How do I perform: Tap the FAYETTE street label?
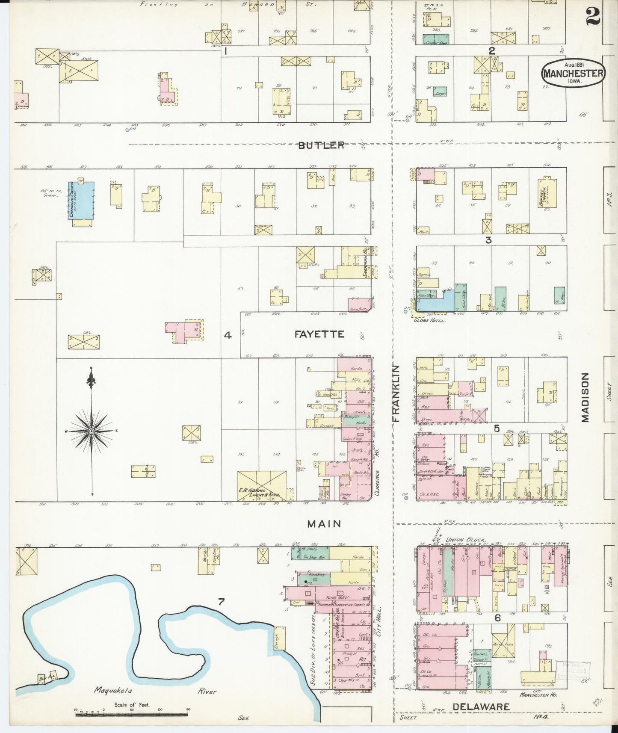click(x=319, y=334)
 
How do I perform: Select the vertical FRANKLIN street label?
click(x=396, y=393)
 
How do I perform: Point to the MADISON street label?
click(x=585, y=397)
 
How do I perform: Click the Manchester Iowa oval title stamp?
click(x=574, y=73)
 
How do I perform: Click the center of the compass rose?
click(x=91, y=431)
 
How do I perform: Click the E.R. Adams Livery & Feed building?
click(x=262, y=485)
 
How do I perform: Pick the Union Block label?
click(x=466, y=540)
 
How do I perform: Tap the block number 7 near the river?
click(x=221, y=602)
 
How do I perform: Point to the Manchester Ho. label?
click(x=538, y=695)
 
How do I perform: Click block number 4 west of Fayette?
click(x=228, y=336)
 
